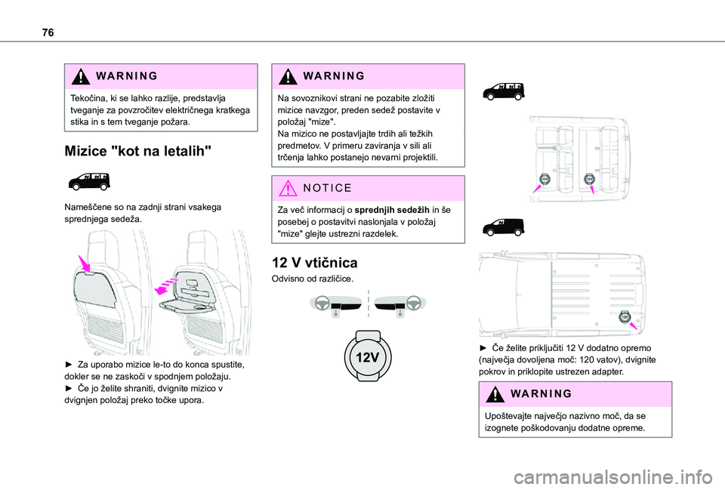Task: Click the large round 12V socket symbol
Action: [x=367, y=356]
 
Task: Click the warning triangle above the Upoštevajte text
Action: [x=491, y=394]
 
